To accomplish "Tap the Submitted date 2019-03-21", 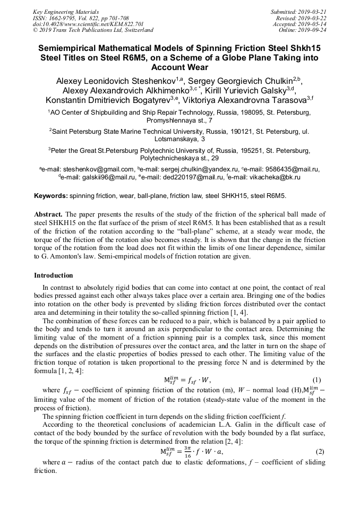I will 312,11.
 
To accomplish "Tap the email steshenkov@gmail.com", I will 95,169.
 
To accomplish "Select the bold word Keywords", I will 50,196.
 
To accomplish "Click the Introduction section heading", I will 54,275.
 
